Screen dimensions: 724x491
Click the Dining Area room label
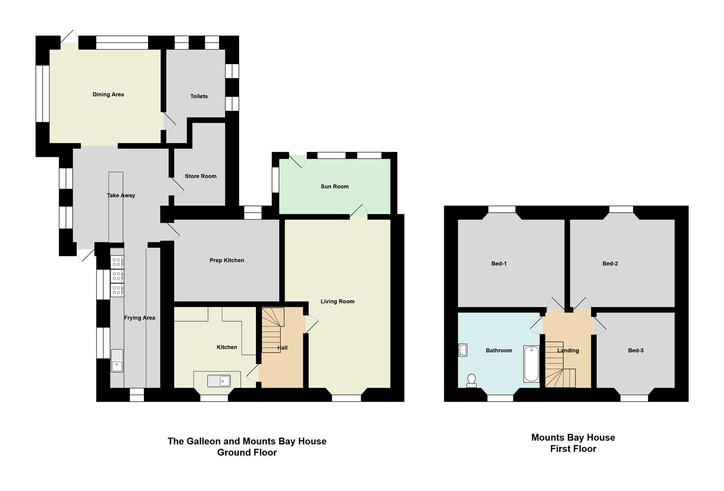[108, 95]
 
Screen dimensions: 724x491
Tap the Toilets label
[199, 96]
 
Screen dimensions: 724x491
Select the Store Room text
[201, 176]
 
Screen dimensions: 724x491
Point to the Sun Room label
[335, 186]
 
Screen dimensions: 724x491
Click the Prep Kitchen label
[227, 261]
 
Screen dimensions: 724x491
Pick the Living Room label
[337, 301]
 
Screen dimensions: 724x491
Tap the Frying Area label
[139, 318]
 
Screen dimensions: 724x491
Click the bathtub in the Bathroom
[531, 364]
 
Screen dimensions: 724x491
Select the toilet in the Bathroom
[471, 381]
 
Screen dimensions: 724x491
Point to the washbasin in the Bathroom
[462, 350]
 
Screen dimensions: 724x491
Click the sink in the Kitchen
[219, 381]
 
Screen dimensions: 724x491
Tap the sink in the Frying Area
[117, 361]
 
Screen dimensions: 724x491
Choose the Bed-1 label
[499, 264]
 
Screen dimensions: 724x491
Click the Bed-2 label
[610, 264]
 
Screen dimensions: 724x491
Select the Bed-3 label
[636, 351]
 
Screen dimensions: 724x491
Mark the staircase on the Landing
[560, 369]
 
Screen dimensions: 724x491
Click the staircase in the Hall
[273, 330]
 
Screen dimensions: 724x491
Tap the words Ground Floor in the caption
[247, 452]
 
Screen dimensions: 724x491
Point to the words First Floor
[573, 449]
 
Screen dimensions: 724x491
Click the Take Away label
[121, 195]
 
